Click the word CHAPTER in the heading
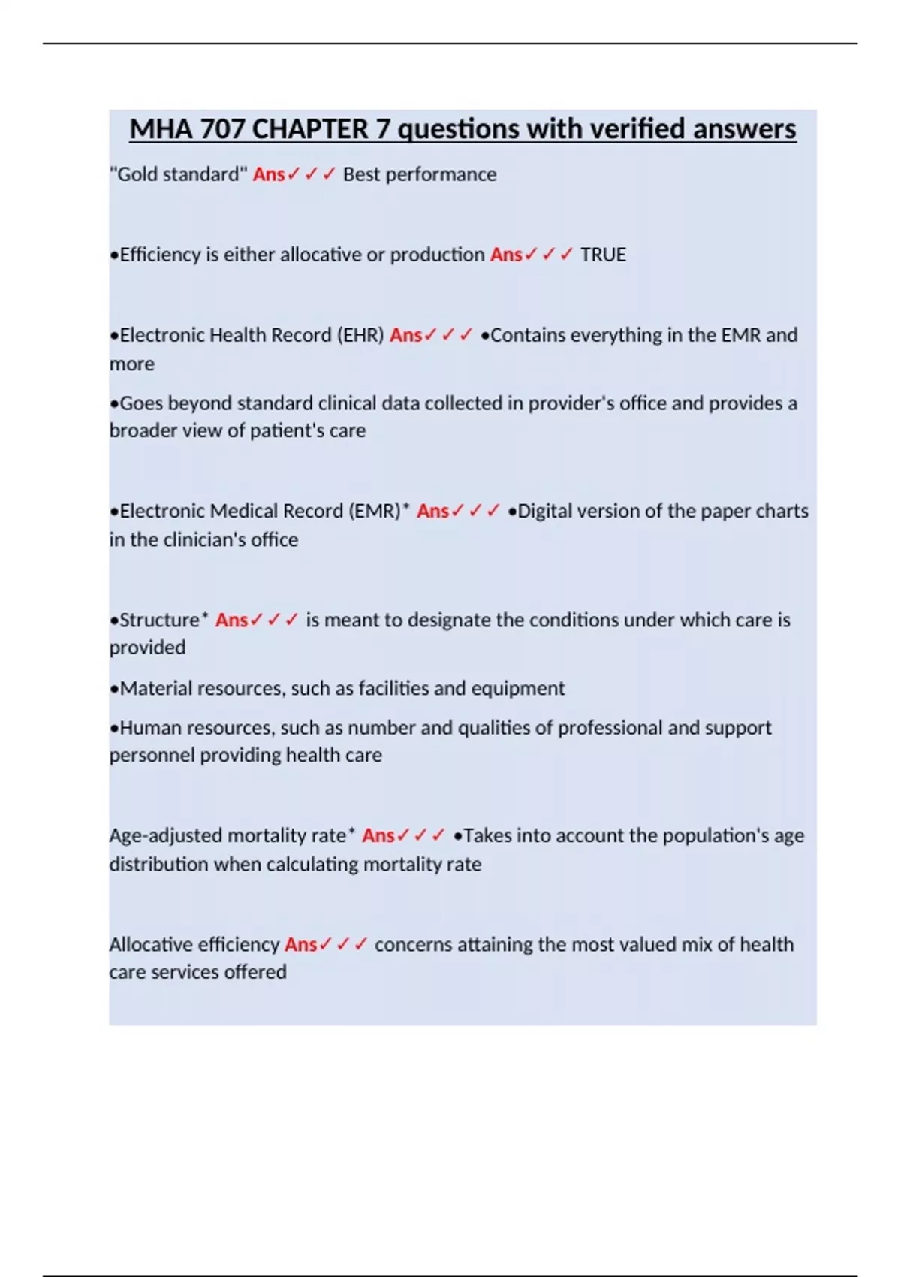point(310,129)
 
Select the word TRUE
point(603,255)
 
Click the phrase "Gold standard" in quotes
point(178,174)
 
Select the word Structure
point(159,620)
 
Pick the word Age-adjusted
point(165,835)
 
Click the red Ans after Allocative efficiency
point(300,944)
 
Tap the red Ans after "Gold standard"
point(268,174)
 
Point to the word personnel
point(152,755)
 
